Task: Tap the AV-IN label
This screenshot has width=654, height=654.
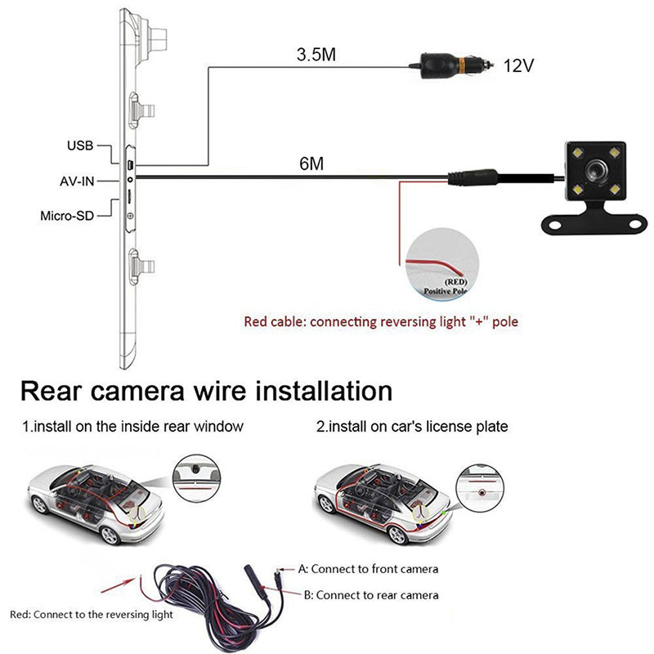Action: pyautogui.click(x=77, y=181)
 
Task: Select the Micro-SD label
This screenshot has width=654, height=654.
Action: pyautogui.click(x=68, y=217)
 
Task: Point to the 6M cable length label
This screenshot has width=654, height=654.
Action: pyautogui.click(x=311, y=163)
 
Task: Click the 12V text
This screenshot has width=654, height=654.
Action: pyautogui.click(x=517, y=66)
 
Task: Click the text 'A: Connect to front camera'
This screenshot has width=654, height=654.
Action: pyautogui.click(x=369, y=569)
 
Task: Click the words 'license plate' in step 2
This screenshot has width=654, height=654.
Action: pyautogui.click(x=472, y=427)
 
